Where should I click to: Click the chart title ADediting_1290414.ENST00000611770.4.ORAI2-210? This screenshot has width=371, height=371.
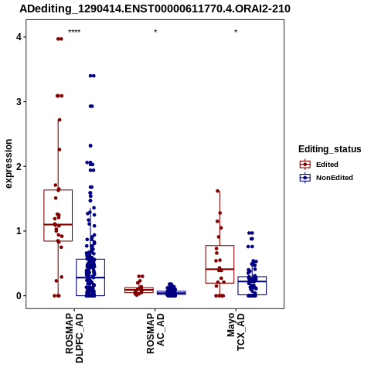[x=155, y=9]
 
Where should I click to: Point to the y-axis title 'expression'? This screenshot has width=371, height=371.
[x=9, y=164]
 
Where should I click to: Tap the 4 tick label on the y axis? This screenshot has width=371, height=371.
[x=19, y=37]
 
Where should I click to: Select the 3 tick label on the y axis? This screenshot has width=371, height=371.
[x=19, y=102]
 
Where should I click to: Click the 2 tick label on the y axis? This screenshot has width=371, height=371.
[x=19, y=166]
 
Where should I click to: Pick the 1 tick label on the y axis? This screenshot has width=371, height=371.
[x=19, y=231]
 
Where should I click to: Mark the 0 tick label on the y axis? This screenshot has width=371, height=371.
[x=19, y=296]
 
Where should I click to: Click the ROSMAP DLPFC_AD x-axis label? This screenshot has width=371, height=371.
[x=74, y=338]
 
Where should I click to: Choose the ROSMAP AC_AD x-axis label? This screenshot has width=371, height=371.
[x=155, y=333]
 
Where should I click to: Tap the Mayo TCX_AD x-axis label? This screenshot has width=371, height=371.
[x=236, y=332]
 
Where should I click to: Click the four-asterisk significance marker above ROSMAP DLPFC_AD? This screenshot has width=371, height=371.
[x=74, y=32]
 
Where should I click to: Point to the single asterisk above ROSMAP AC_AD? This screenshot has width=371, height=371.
[x=155, y=32]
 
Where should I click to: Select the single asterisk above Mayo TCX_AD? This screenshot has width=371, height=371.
[x=236, y=32]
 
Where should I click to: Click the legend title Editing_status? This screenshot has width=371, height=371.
[x=330, y=149]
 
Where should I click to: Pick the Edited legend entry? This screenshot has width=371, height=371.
[x=319, y=165]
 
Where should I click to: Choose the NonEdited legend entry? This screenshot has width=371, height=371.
[x=326, y=178]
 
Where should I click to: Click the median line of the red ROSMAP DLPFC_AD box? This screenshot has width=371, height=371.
[x=58, y=224]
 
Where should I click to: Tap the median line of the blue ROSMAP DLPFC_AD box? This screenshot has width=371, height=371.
[x=90, y=277]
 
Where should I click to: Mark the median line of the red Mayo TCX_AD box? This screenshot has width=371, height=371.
[x=220, y=269]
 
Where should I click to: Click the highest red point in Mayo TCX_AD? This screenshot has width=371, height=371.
[x=218, y=191]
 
